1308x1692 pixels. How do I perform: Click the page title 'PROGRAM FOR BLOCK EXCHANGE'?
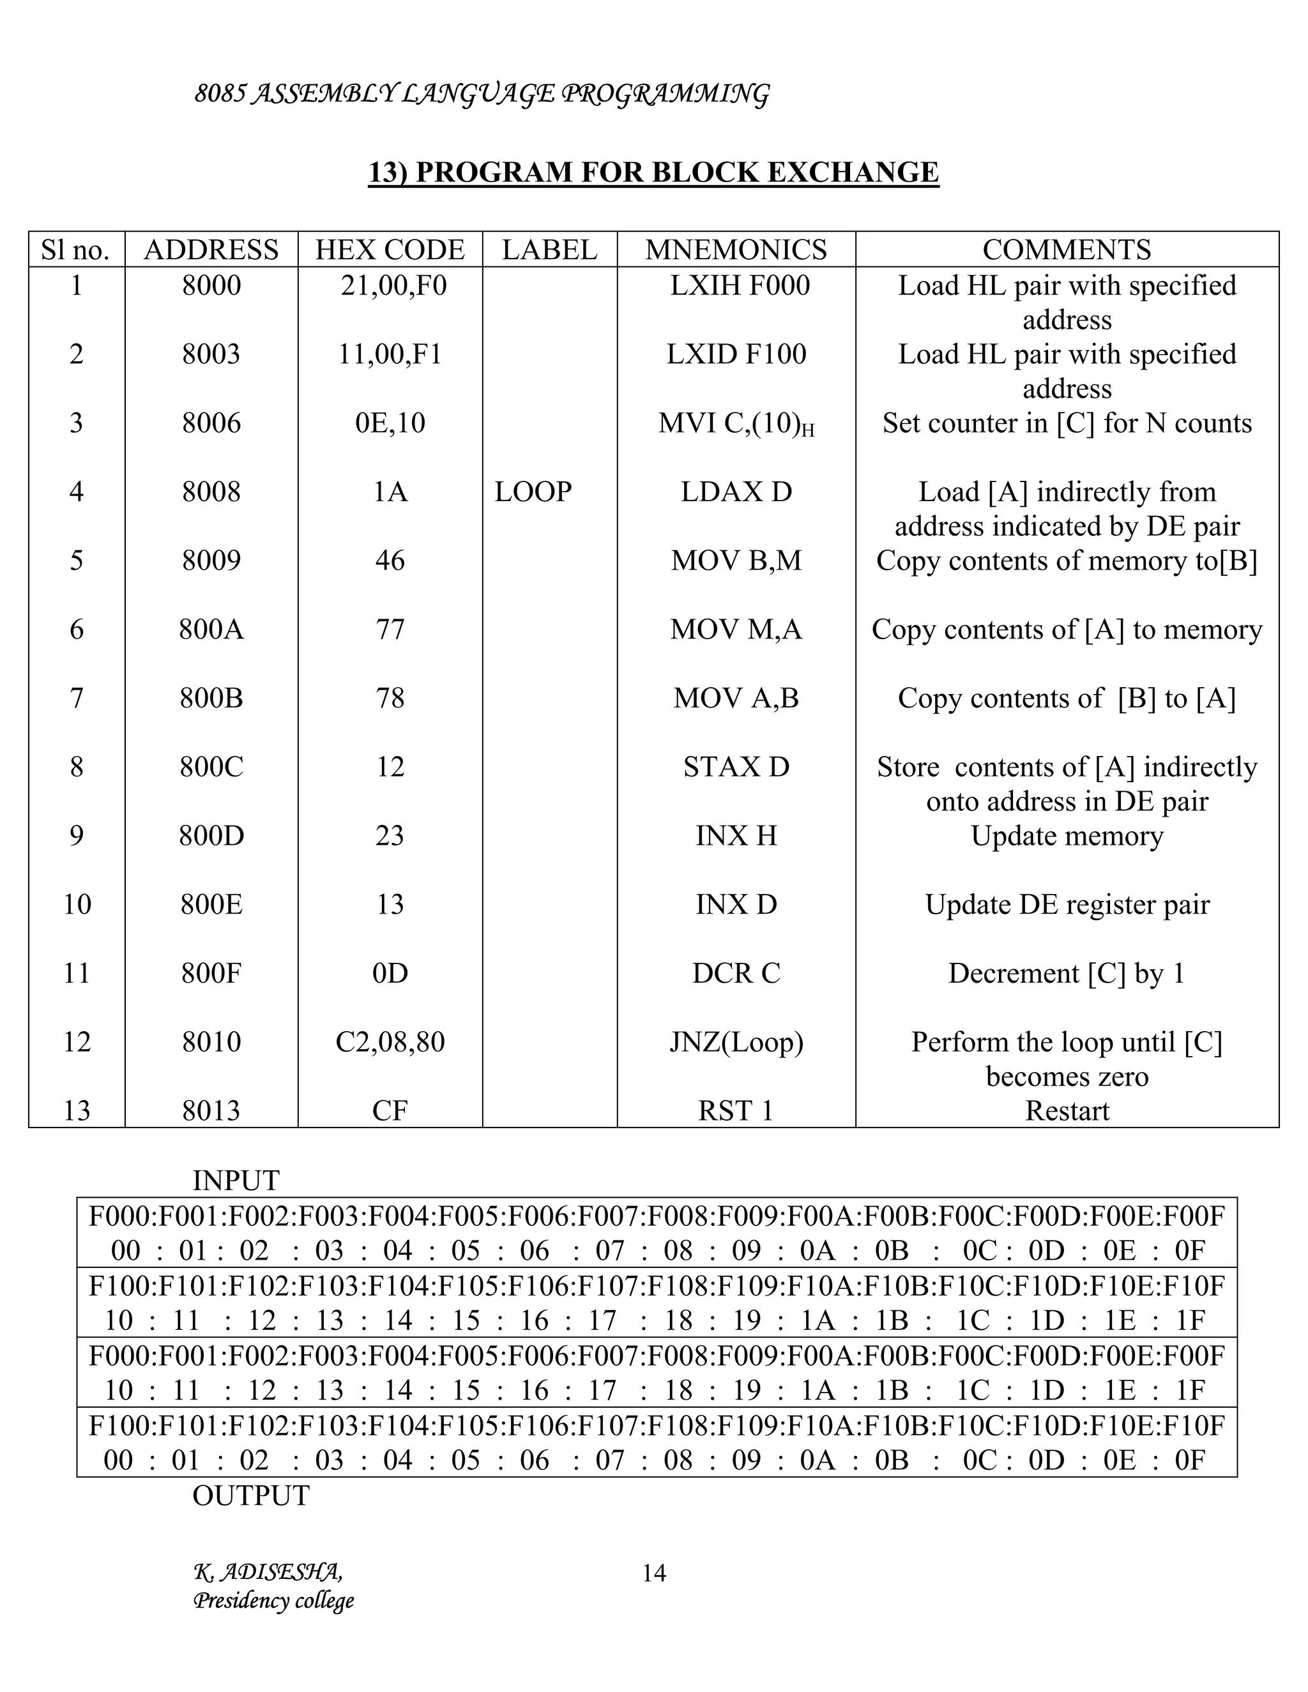(x=653, y=172)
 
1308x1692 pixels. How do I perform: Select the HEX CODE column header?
(x=390, y=250)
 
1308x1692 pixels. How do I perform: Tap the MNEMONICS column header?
(x=736, y=250)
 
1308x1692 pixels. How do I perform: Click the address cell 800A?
(x=211, y=629)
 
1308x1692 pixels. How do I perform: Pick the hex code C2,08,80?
(x=390, y=1042)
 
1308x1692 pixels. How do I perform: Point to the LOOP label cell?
(x=533, y=492)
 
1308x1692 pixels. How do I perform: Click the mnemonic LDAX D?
(x=736, y=492)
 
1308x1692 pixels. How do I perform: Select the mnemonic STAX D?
(x=736, y=767)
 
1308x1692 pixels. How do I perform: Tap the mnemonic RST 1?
(x=736, y=1111)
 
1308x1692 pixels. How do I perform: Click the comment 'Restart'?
(x=1067, y=1111)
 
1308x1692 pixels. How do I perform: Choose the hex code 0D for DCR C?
(x=390, y=973)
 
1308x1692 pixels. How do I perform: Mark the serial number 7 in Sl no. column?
(x=76, y=698)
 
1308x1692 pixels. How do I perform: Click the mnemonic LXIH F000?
(x=740, y=286)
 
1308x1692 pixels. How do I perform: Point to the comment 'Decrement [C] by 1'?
(x=1067, y=973)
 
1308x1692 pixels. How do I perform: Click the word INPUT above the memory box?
(x=236, y=1181)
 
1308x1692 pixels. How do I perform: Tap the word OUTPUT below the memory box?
(x=250, y=1495)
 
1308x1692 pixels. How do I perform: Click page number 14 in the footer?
(x=654, y=1573)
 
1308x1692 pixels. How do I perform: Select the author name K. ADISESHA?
(x=268, y=1572)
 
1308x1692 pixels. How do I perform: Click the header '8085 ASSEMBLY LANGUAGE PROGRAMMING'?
(x=481, y=94)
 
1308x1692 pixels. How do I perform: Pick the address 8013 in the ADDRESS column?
(x=211, y=1111)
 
